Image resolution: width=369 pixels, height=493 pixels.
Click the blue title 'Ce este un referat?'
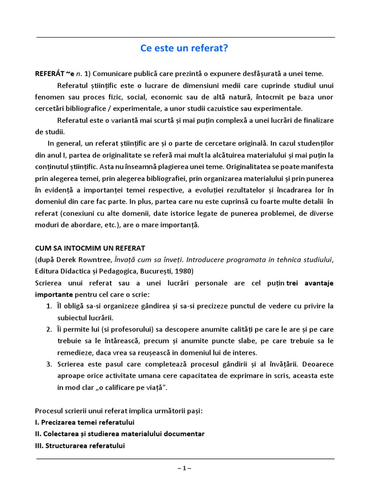[x=184, y=49]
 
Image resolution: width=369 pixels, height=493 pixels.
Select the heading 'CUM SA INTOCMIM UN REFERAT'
[x=90, y=248]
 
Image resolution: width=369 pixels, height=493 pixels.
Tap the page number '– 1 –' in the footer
[x=184, y=467]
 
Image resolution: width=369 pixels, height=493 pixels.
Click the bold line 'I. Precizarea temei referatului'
[x=85, y=422]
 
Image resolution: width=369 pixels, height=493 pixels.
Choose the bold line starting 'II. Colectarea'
[x=120, y=434]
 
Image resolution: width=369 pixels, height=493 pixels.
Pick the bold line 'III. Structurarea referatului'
[x=80, y=446]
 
